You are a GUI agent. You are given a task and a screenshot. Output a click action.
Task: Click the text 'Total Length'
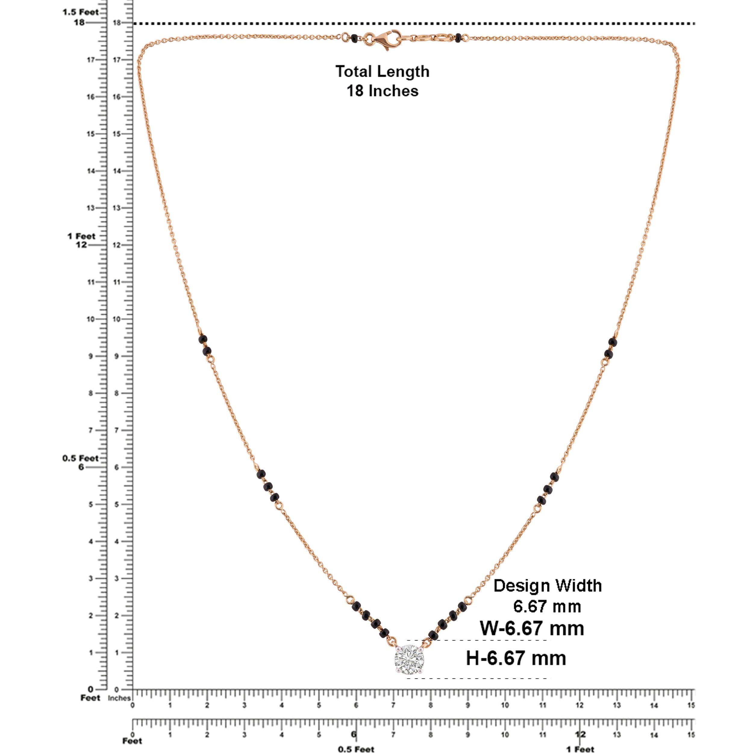[382, 72]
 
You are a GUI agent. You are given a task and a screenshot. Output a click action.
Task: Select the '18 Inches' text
[382, 91]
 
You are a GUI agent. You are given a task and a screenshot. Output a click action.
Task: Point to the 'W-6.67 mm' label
[532, 628]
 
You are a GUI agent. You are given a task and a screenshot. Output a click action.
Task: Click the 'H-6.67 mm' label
[516, 658]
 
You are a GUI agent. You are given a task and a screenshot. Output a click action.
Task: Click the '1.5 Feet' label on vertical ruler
[81, 12]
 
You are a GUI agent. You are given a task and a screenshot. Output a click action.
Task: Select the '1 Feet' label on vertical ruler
[81, 236]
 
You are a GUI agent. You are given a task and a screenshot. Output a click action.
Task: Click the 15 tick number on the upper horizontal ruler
[691, 705]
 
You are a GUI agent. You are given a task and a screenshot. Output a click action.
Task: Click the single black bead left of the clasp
[354, 38]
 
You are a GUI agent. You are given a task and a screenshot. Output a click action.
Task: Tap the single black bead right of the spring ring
[458, 38]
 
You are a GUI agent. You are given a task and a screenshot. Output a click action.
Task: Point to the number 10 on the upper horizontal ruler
[505, 705]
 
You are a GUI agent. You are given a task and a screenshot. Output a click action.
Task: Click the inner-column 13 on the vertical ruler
[117, 208]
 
